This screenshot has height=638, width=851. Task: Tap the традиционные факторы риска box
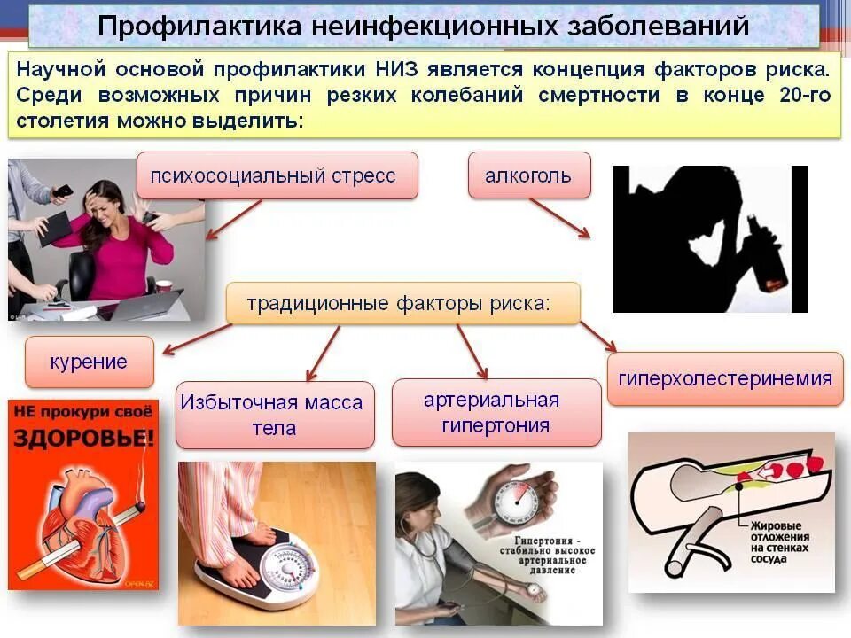402,304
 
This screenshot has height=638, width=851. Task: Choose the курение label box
89,362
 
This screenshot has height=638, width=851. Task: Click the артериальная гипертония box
496,413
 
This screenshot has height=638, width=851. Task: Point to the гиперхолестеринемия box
725,379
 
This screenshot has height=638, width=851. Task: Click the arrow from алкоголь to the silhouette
559,218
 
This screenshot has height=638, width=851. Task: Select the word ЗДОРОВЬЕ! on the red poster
84,439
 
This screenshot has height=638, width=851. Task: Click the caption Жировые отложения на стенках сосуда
774,537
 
